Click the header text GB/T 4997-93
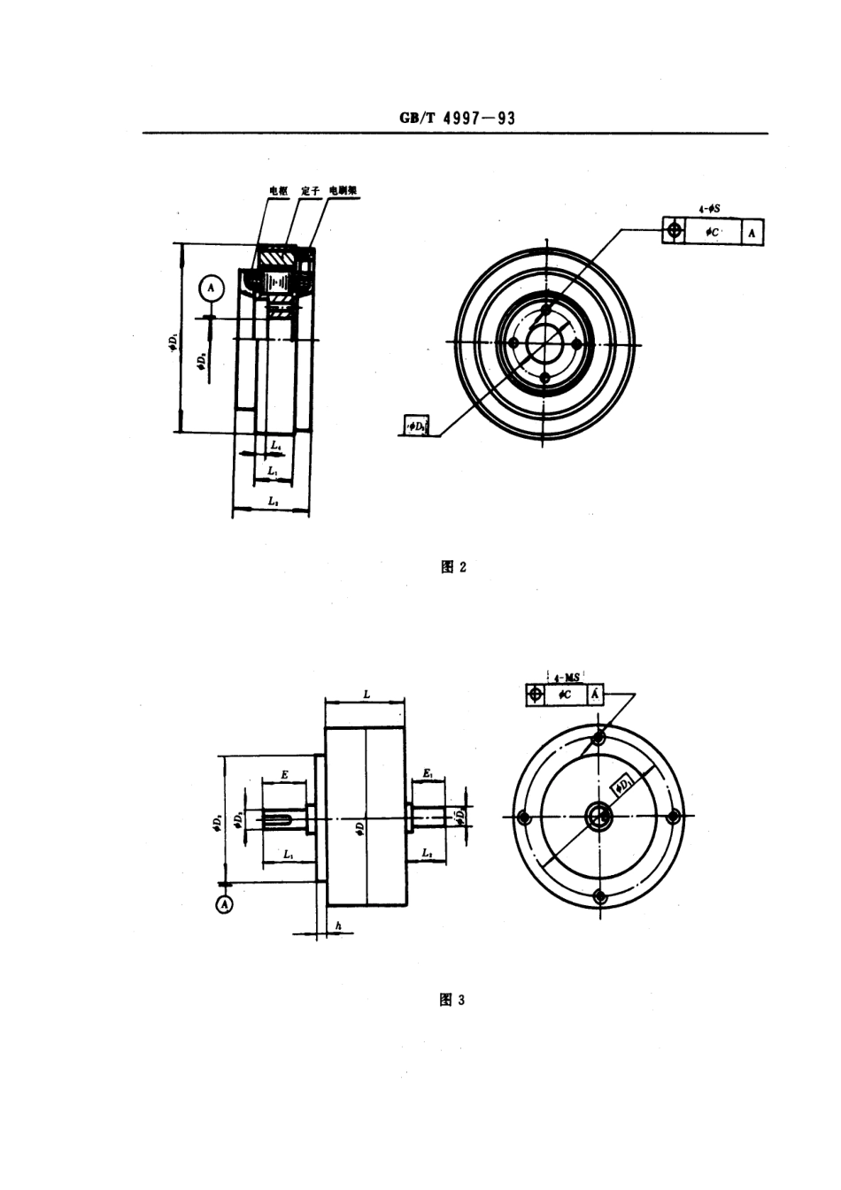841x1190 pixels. (x=457, y=119)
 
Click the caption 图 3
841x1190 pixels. (x=452, y=1000)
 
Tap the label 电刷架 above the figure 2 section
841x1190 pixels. (x=342, y=190)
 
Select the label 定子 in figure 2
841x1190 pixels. (x=310, y=190)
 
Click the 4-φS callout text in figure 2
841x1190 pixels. (x=708, y=209)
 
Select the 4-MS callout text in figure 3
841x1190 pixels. (x=566, y=677)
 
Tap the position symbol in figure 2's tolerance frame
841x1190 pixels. (x=674, y=232)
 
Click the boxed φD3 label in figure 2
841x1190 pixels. (x=415, y=426)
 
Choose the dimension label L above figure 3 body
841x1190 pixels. (x=366, y=695)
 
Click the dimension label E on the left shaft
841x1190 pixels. (x=284, y=774)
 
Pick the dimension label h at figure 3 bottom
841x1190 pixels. (x=338, y=925)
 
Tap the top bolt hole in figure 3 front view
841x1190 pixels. (x=599, y=737)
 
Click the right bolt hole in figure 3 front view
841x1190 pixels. (x=673, y=817)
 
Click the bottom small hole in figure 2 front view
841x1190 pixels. (x=545, y=378)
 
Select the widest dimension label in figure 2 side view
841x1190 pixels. (x=273, y=502)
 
